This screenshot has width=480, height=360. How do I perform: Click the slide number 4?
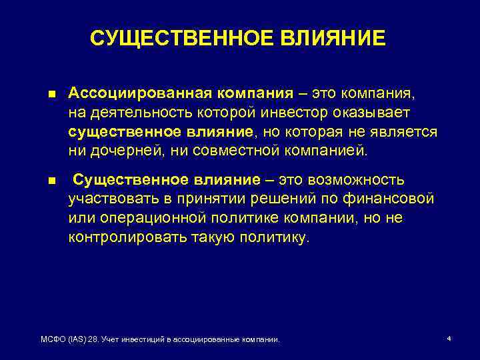point(449,339)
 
